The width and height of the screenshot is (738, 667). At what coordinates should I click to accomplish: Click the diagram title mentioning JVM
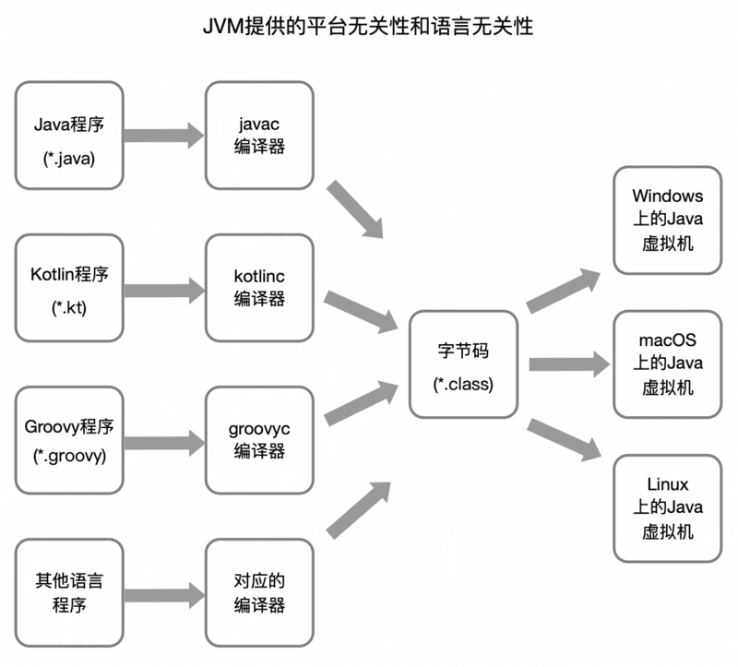(x=368, y=26)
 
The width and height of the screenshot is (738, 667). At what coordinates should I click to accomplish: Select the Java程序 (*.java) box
(x=69, y=136)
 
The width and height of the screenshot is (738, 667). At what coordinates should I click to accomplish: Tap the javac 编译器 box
(x=259, y=136)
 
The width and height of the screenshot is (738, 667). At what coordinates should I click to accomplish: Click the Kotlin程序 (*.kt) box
(x=69, y=288)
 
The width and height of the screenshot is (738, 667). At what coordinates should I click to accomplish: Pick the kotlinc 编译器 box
(x=259, y=288)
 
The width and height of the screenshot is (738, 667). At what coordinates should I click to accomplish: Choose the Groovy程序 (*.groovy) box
(x=69, y=440)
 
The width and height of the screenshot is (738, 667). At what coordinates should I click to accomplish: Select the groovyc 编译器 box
(x=259, y=440)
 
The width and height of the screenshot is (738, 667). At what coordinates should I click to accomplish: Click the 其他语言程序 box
(x=69, y=592)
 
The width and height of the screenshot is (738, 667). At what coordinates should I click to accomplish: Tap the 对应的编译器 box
(x=259, y=592)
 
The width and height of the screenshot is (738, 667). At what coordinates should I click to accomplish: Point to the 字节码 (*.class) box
(x=464, y=363)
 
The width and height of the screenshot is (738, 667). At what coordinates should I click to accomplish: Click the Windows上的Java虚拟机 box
(x=667, y=220)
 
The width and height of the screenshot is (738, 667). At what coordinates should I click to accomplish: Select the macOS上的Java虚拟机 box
(x=667, y=363)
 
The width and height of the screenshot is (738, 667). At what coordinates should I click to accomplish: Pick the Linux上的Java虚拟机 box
(x=667, y=508)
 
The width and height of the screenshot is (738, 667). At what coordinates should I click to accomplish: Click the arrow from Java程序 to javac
(x=164, y=136)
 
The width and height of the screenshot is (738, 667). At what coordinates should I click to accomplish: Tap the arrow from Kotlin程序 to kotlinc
(x=164, y=291)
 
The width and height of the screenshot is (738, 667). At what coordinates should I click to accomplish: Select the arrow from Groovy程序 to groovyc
(x=164, y=443)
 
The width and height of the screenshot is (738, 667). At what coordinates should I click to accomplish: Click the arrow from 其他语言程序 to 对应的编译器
(x=164, y=595)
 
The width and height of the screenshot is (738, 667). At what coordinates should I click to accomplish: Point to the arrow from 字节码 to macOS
(x=569, y=363)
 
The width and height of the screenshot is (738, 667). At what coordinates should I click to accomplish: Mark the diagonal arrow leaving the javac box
(x=355, y=208)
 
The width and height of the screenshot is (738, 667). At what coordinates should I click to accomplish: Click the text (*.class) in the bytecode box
(x=463, y=384)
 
